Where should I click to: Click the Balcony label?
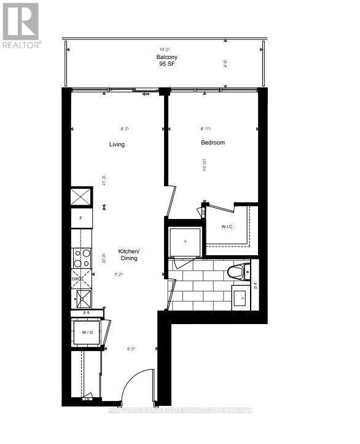[166, 57]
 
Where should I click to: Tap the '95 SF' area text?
[166, 65]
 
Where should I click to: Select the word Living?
[117, 145]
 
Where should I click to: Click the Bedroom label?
[213, 143]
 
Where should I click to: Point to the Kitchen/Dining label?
[129, 255]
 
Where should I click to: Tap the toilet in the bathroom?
[239, 271]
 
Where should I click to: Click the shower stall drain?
[185, 242]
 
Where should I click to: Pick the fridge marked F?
[81, 218]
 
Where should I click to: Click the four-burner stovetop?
[81, 259]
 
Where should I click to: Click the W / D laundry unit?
[87, 333]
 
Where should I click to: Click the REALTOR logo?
[21, 25]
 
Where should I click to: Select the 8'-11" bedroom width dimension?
[206, 129]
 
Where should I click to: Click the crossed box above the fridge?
[81, 197]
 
